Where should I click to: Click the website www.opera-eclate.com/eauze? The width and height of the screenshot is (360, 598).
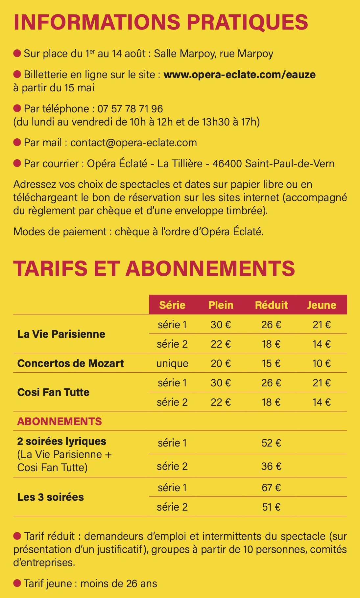pos(239,75)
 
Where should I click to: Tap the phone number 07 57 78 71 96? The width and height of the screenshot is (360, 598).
pos(130,109)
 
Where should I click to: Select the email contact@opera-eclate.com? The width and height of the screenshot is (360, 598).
pos(133,143)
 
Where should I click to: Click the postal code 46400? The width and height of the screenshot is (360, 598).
pos(227,164)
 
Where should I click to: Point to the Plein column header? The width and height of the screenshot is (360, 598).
pos(221,305)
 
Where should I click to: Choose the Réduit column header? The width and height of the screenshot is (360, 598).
pos(271,305)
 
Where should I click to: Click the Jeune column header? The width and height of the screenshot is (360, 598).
pos(322,305)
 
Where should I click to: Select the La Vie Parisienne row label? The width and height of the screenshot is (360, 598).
pos(61,334)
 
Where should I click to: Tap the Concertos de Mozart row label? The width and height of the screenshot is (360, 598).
pos(70,363)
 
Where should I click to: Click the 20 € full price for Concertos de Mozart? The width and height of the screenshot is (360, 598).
pos(221,363)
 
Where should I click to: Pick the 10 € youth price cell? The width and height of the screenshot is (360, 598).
pos(322,363)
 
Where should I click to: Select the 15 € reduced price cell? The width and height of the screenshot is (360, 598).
pos(271,363)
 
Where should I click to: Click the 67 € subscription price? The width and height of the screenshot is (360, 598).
pos(271,488)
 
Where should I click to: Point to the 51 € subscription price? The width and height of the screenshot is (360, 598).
pos(271,507)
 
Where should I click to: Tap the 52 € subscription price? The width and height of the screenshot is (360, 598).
pos(271,443)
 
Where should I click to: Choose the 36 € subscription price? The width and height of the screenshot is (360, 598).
pos(271,466)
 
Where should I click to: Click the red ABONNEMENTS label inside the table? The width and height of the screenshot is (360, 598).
pos(60,421)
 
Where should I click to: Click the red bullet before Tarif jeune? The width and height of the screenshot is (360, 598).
pos(17,583)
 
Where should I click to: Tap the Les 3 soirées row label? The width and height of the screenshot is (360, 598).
pos(50,497)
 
